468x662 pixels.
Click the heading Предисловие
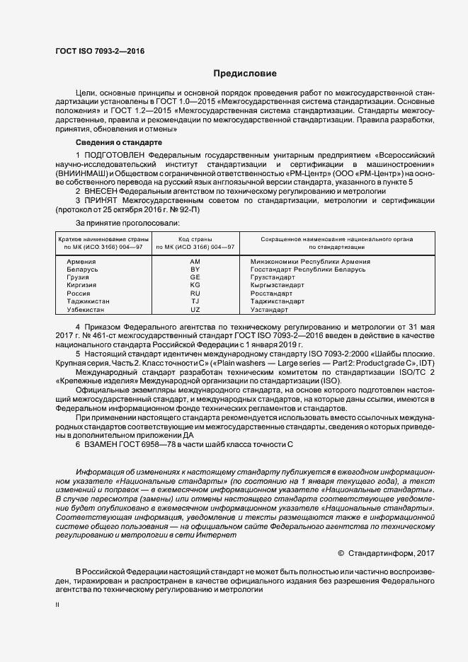[245, 74]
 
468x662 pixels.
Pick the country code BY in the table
[195, 269]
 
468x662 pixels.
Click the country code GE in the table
[195, 277]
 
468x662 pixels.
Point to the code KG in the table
[195, 285]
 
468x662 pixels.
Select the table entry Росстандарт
[271, 293]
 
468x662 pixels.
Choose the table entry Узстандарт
[269, 309]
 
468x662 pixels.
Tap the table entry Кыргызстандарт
[278, 285]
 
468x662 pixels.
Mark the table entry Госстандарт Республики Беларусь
[308, 269]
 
